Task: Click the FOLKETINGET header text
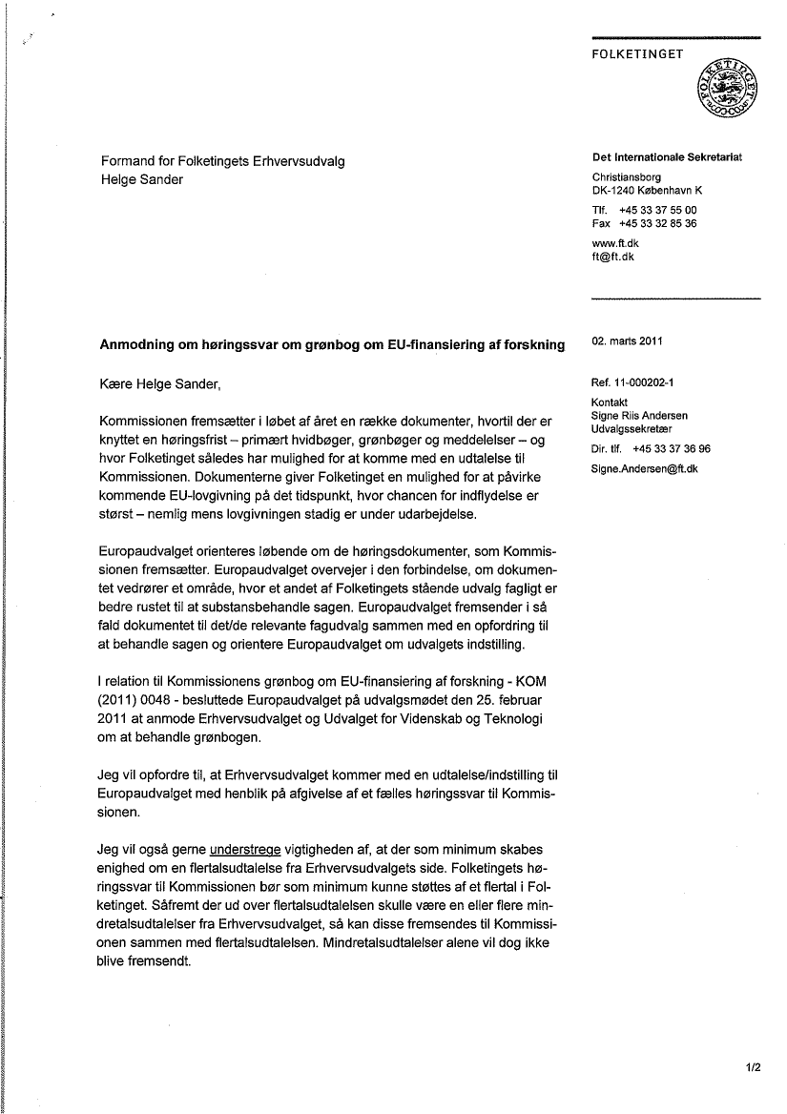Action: (637, 54)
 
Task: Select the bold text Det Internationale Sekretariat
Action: (667, 157)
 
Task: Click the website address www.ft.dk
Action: (615, 243)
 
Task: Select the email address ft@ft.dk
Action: (613, 257)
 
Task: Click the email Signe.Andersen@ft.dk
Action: (645, 468)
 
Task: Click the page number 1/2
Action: (754, 1069)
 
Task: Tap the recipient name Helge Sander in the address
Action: (141, 178)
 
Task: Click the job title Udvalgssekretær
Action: (632, 429)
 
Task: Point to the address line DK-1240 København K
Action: (647, 190)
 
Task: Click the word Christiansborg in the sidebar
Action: (626, 176)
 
